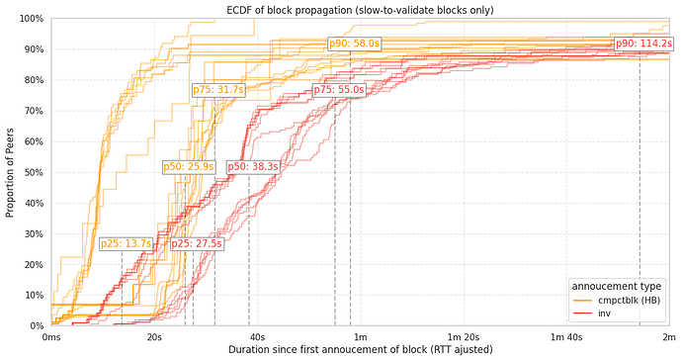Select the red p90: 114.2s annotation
[643, 44]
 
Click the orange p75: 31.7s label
[217, 90]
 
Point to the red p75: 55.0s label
[339, 90]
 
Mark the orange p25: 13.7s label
[126, 244]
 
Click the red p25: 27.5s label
[197, 244]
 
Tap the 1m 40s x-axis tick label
[566, 338]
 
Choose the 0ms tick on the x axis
[51, 338]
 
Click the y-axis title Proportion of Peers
[10, 172]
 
